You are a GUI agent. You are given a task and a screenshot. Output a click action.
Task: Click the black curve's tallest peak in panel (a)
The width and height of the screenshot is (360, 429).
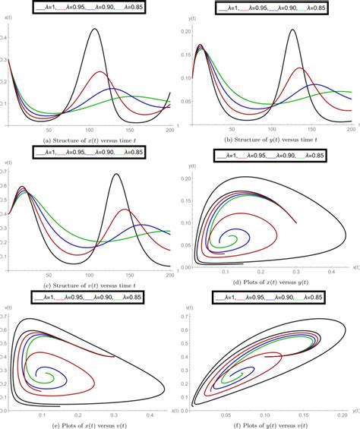point(93,30)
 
